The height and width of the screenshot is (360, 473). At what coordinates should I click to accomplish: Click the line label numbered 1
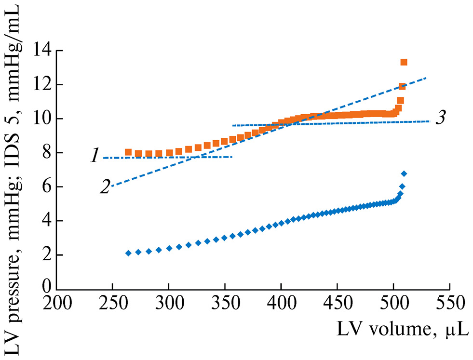pyautogui.click(x=94, y=157)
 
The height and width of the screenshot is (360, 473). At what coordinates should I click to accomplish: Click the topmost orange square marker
pyautogui.click(x=404, y=62)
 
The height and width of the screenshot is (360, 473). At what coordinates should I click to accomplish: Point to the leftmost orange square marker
pyautogui.click(x=128, y=152)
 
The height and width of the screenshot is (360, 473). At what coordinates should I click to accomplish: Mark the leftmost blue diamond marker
pyautogui.click(x=128, y=253)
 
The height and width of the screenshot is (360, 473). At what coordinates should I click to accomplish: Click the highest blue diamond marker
pyautogui.click(x=404, y=173)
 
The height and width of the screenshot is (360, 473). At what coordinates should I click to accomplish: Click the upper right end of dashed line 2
pyautogui.click(x=427, y=78)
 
